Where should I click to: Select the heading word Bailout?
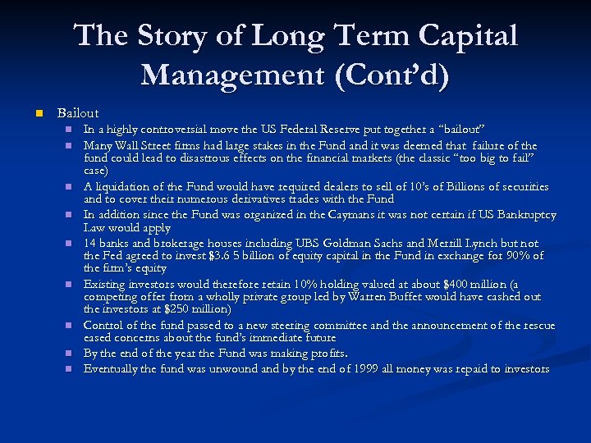coord(77,112)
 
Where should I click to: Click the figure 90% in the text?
coord(515,256)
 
